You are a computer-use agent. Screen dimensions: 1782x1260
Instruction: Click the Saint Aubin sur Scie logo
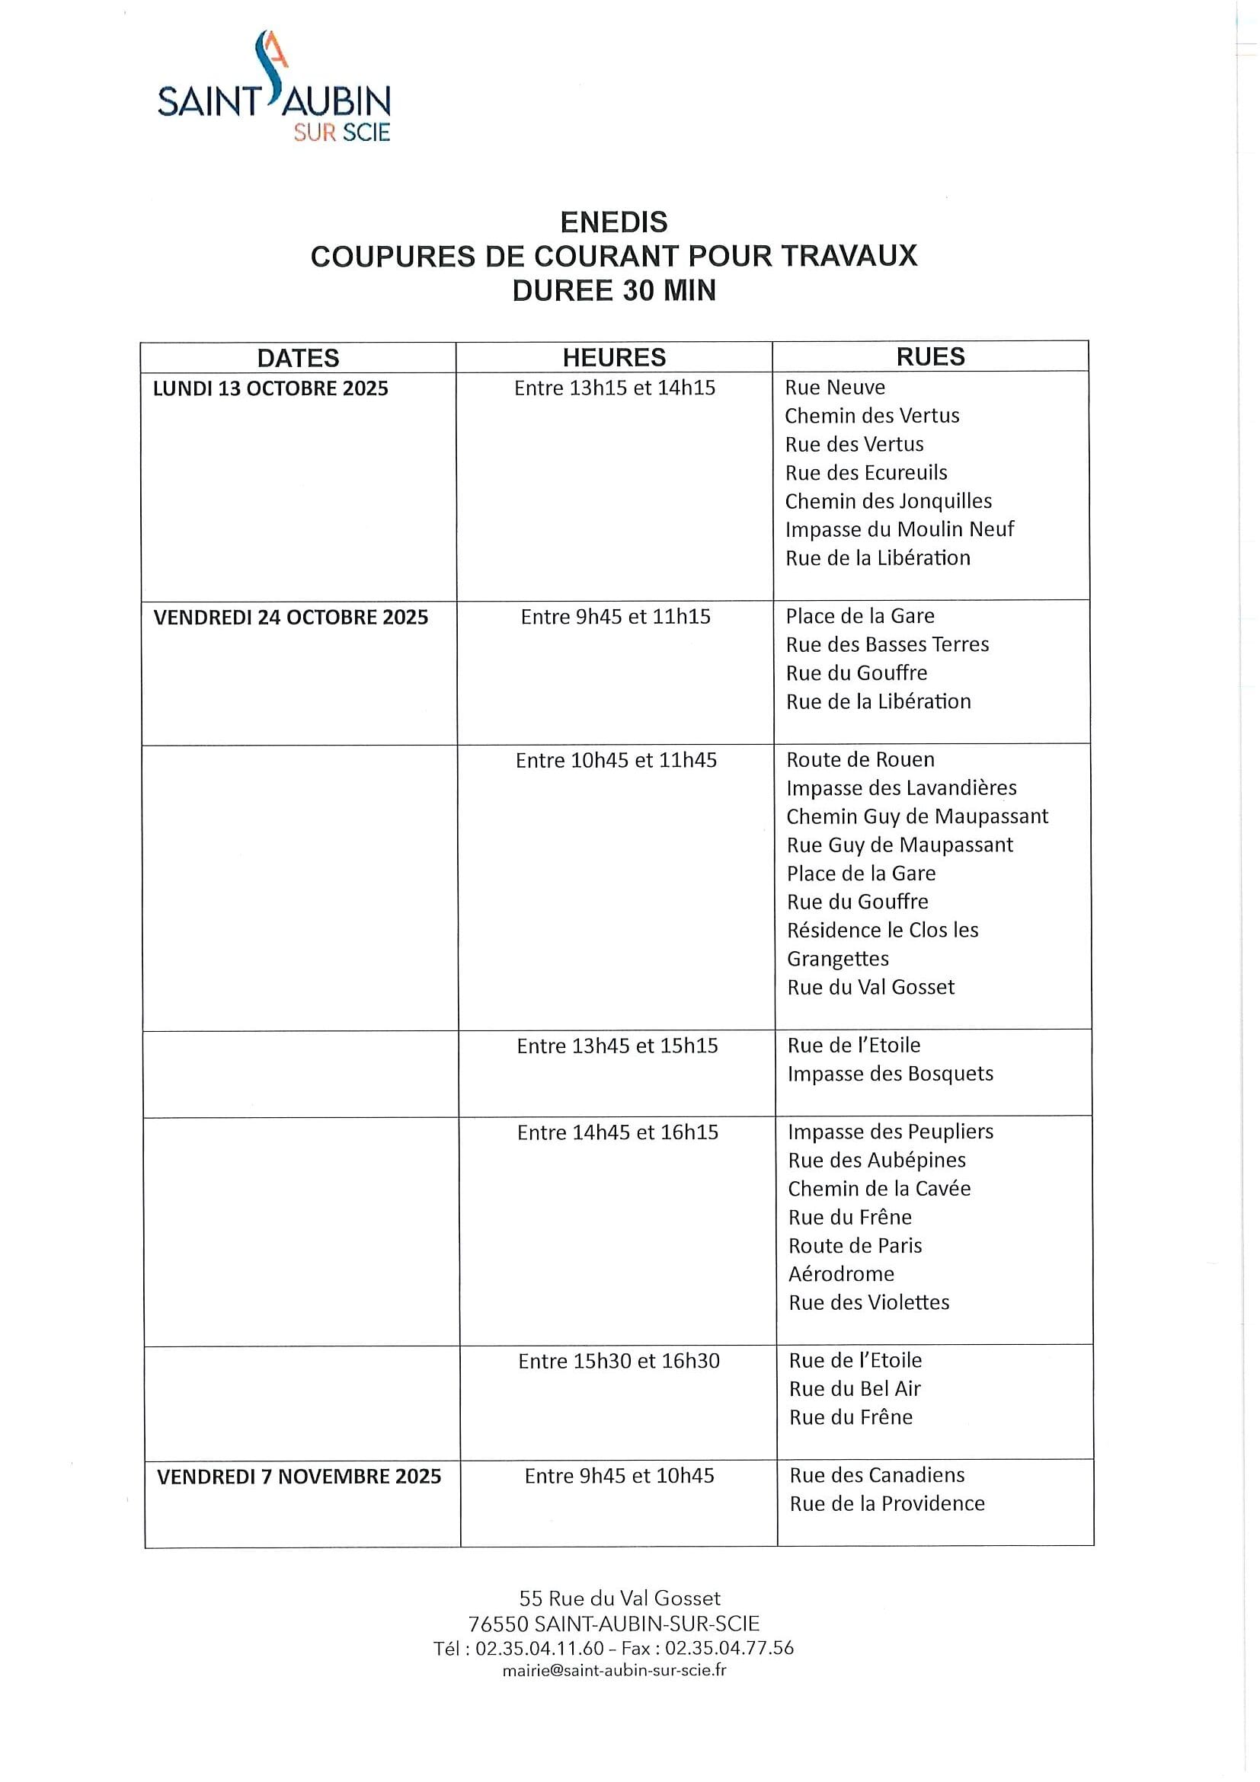pos(274,88)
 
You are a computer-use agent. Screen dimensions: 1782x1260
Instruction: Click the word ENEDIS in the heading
pos(613,222)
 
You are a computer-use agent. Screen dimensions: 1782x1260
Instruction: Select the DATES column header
pos(298,358)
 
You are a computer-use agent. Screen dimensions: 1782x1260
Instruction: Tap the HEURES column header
pos(614,357)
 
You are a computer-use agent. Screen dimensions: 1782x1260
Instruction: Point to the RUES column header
pos(930,356)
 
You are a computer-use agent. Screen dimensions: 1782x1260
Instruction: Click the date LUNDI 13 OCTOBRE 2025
pos(270,388)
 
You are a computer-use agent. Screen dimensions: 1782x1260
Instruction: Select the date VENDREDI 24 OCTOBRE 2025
pos(290,617)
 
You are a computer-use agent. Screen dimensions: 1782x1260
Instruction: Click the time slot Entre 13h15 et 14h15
pos(614,388)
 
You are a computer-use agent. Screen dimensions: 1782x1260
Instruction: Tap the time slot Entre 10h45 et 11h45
pos(616,761)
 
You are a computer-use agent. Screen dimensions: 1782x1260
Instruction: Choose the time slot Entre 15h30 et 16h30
pos(619,1361)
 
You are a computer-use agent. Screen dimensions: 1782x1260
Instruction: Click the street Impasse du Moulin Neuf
pos(899,529)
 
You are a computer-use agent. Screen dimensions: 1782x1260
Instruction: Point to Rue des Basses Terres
pos(887,644)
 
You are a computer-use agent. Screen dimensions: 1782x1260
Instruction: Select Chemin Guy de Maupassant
pos(917,816)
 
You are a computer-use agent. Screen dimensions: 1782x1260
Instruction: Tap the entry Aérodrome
pos(841,1273)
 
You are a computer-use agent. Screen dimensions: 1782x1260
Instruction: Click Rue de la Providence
pos(887,1503)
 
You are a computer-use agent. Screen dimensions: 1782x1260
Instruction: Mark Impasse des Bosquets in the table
pos(890,1074)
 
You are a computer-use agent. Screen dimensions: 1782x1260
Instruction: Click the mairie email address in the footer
pos(614,1670)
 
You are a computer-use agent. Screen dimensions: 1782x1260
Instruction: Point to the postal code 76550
pos(497,1624)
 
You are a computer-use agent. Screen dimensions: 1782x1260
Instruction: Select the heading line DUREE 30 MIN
pos(613,290)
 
